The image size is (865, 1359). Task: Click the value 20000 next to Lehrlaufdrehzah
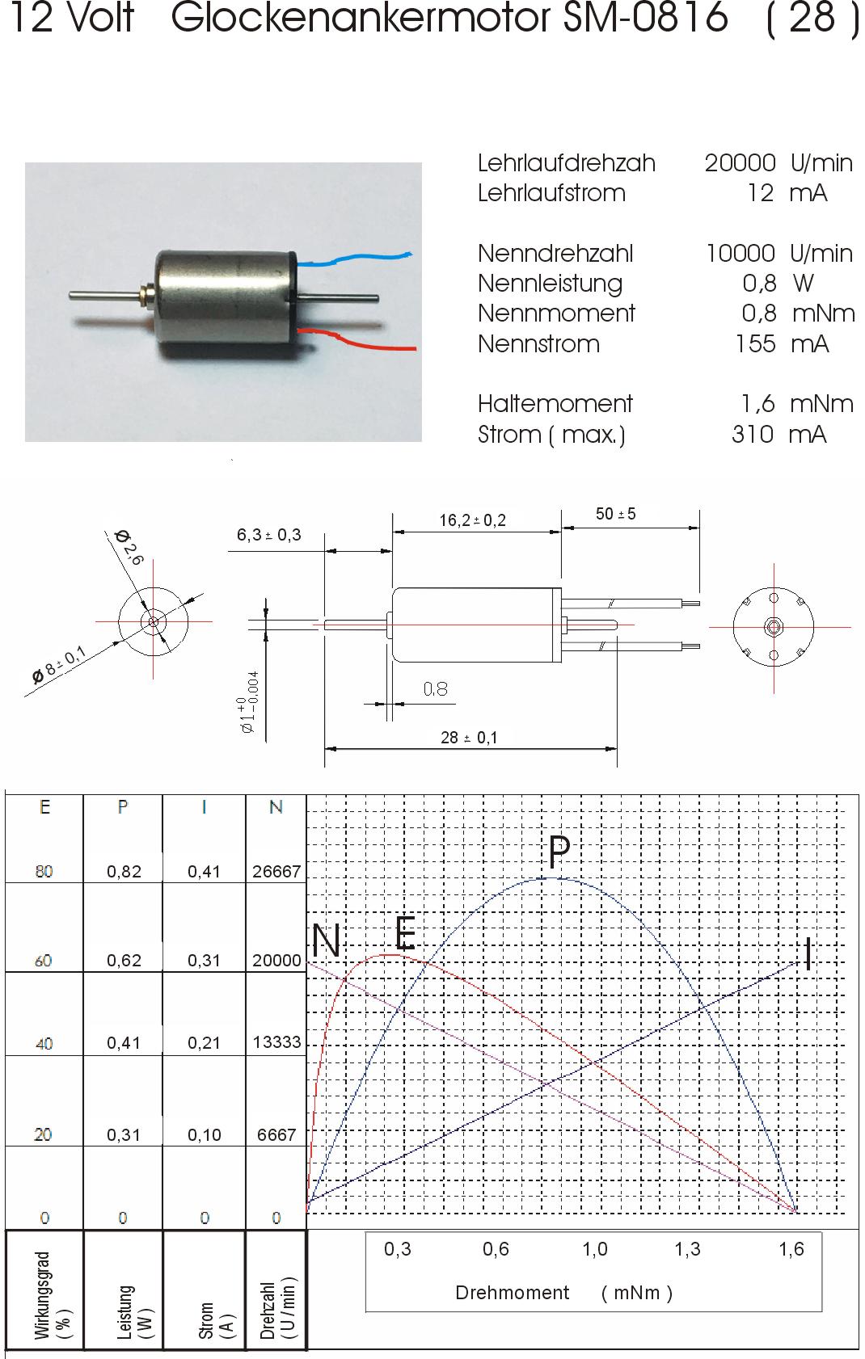point(740,163)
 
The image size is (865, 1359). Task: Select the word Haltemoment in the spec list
point(555,404)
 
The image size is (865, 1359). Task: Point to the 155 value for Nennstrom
point(756,344)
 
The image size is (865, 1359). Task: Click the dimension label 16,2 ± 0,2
point(472,520)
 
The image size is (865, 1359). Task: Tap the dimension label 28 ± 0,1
point(469,738)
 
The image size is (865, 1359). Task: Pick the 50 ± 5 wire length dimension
point(615,515)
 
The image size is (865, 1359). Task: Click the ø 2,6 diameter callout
point(129,547)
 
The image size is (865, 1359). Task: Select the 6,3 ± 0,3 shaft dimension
point(268,535)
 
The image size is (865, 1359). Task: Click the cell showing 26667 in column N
point(276,871)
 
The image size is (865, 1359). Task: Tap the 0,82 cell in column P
point(124,872)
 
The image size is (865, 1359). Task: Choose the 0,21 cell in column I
point(204,1043)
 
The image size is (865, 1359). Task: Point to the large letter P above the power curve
point(559,852)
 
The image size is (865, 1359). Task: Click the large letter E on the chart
point(406,933)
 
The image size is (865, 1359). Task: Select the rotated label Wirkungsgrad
point(43,1294)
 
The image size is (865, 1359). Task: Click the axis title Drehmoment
point(513,1293)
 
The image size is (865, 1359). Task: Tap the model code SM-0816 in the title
point(645,17)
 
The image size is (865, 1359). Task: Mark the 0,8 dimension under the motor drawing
point(435,688)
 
